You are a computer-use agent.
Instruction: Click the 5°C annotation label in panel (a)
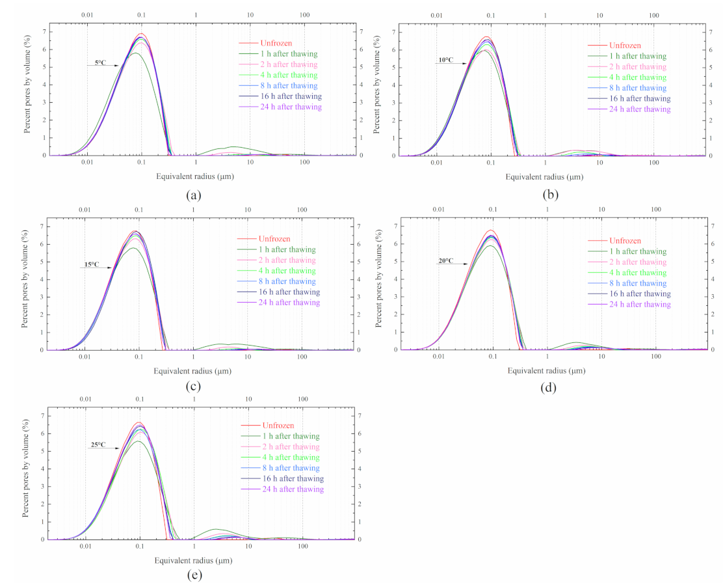[x=99, y=62]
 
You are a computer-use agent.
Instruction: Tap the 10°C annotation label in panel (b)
[x=446, y=61]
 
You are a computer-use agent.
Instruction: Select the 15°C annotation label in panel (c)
[x=91, y=264]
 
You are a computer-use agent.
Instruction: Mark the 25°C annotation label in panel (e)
[x=98, y=445]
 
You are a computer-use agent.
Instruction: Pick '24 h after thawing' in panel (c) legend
[x=289, y=303]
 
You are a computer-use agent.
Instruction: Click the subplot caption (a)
[x=192, y=195]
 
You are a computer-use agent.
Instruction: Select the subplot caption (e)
[x=192, y=575]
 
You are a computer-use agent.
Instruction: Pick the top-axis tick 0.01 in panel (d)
[x=438, y=210]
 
